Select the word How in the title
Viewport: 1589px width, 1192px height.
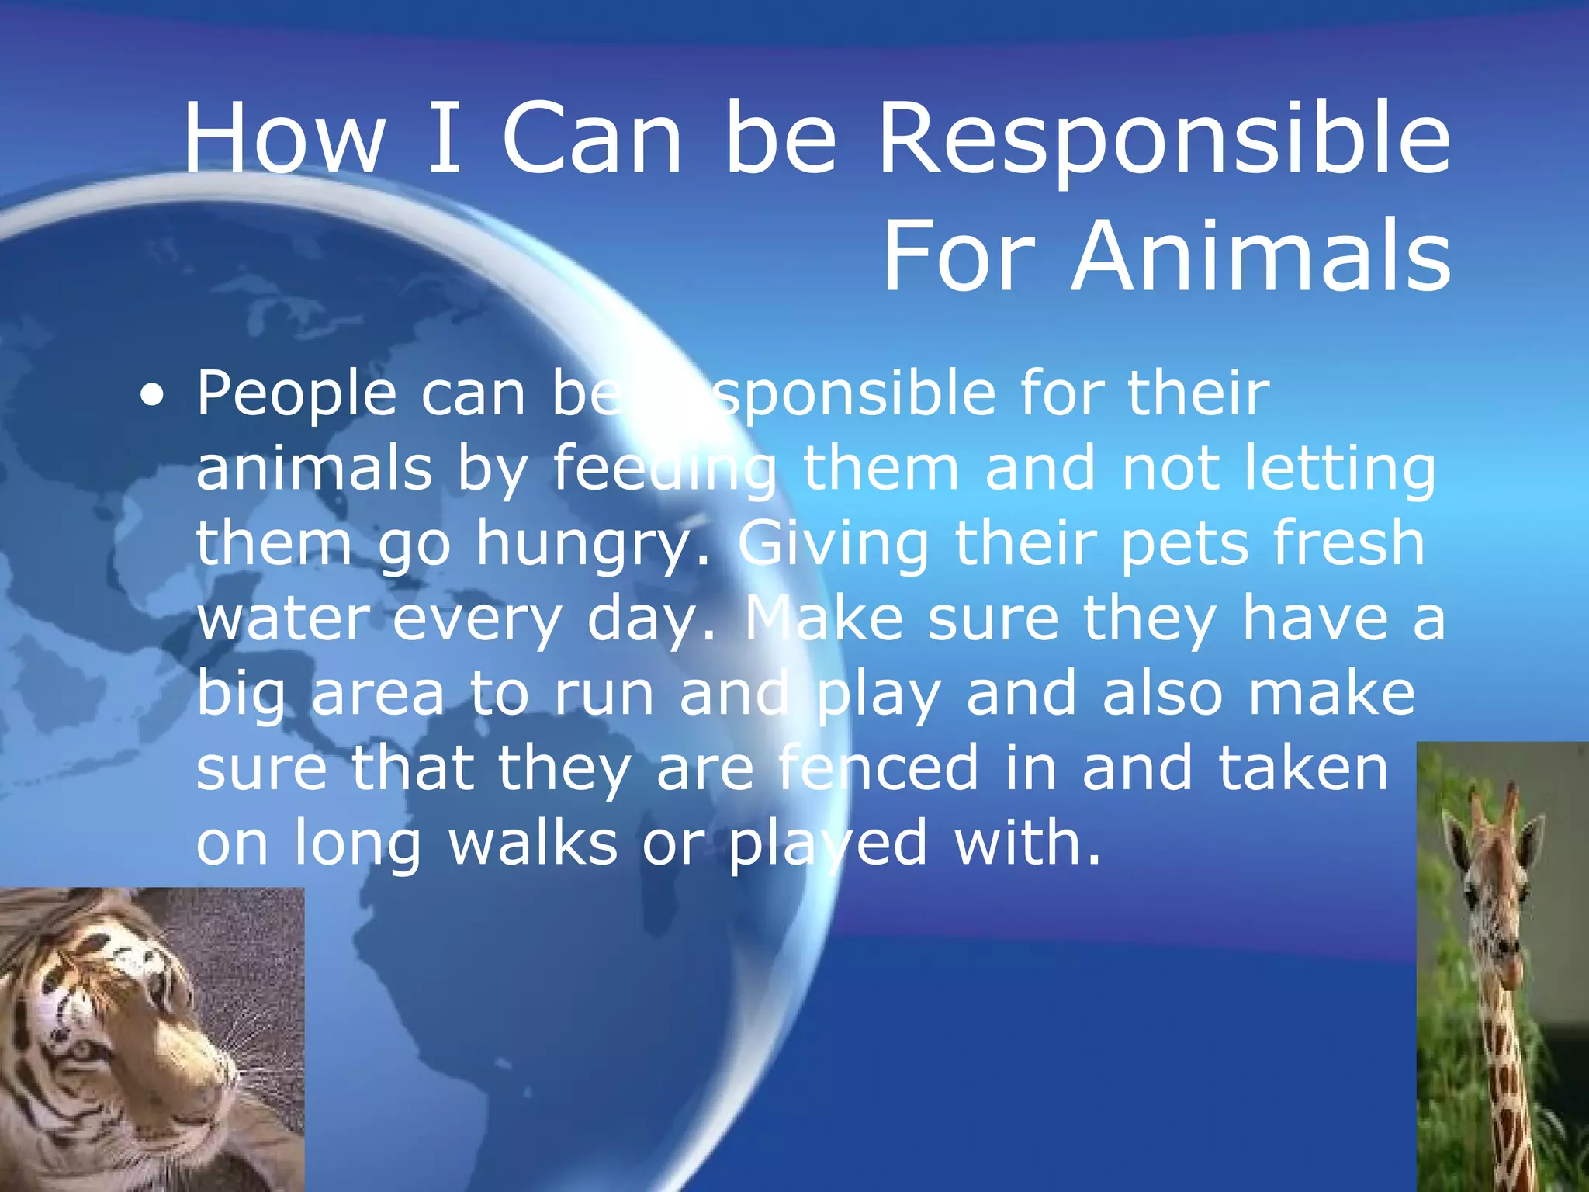[284, 140]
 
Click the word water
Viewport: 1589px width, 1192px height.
[283, 619]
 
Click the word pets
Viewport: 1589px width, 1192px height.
[1183, 543]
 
